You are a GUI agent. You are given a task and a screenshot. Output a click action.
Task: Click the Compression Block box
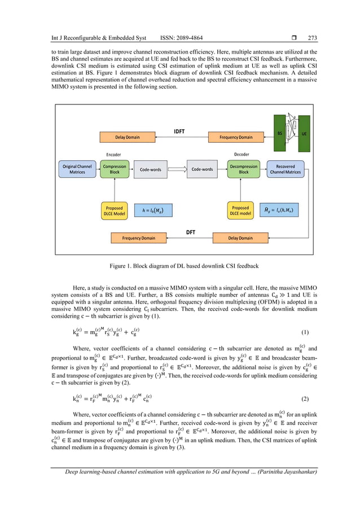(115, 169)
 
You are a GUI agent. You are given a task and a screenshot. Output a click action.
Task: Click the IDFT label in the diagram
(180, 131)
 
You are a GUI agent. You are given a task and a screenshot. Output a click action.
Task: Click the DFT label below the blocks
(191, 232)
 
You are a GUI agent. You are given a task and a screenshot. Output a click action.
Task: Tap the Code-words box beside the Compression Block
(151, 169)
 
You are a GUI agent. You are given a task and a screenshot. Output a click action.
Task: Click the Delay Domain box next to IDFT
(127, 137)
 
